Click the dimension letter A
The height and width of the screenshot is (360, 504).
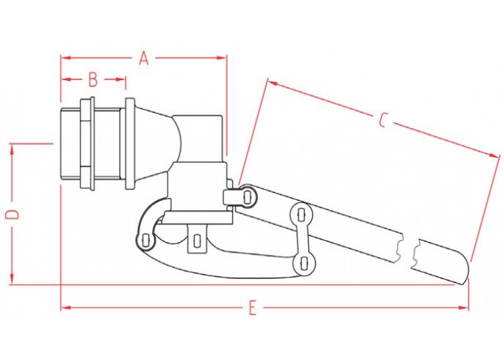(x=144, y=58)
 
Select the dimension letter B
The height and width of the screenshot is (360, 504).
(x=93, y=79)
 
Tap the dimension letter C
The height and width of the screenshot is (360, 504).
(x=382, y=120)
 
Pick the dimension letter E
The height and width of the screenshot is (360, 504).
(x=253, y=307)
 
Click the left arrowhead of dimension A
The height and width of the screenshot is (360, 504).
(x=66, y=58)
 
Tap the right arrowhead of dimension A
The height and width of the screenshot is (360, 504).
(x=222, y=58)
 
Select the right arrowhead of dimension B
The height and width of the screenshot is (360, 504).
(x=120, y=79)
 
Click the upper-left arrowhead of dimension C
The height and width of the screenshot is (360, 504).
(x=272, y=84)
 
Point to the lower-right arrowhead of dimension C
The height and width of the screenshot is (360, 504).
(x=495, y=156)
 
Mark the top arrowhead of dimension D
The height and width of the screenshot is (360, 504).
(x=12, y=149)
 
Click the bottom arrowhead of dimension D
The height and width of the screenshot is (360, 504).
(x=12, y=279)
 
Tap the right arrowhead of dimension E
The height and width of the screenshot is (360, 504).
(x=464, y=307)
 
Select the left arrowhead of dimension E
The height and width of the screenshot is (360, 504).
(x=66, y=307)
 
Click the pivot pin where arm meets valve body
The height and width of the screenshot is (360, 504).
(x=247, y=197)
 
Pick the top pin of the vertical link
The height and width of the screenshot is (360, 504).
(x=301, y=215)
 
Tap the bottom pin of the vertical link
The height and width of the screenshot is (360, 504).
(x=303, y=264)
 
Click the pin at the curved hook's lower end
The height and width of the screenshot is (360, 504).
(x=145, y=240)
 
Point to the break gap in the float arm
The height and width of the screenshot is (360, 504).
(x=408, y=251)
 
